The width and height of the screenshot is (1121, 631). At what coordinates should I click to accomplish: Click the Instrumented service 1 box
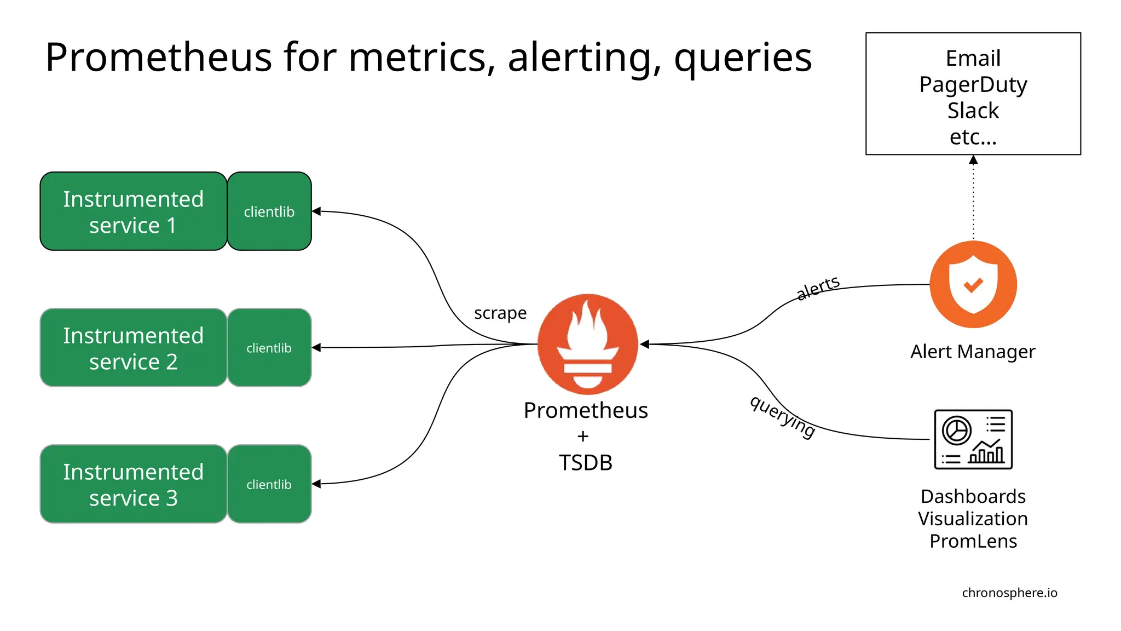[x=133, y=211]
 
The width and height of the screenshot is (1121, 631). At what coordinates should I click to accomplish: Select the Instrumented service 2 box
[x=133, y=348]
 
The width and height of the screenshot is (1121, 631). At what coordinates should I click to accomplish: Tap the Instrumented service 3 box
[x=133, y=484]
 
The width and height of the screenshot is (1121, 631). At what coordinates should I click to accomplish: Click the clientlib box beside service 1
[x=269, y=211]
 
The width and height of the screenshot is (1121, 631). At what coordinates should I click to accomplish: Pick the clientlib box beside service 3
[x=269, y=484]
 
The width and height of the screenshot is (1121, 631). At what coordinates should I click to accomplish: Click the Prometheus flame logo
[x=587, y=344]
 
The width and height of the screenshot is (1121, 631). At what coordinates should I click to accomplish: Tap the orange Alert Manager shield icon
[x=973, y=284]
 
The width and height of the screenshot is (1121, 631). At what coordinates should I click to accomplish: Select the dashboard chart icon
[x=973, y=439]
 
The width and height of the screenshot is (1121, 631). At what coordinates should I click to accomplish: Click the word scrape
[x=500, y=313]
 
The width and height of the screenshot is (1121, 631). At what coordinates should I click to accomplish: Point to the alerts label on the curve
[x=818, y=288]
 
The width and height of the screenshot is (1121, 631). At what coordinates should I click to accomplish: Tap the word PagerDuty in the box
[x=973, y=84]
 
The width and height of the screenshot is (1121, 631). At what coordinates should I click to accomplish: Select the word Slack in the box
[x=973, y=111]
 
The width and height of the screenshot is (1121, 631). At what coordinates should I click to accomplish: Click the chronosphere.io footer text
[x=1009, y=593]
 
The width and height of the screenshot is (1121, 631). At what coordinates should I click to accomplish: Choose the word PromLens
[x=973, y=541]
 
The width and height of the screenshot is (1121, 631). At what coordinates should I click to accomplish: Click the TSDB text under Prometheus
[x=586, y=463]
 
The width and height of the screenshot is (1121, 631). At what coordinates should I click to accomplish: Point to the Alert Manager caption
[x=973, y=352]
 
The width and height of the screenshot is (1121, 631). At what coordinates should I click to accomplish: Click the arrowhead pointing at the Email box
[x=973, y=160]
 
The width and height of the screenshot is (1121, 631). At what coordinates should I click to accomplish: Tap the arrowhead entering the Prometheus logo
[x=645, y=344]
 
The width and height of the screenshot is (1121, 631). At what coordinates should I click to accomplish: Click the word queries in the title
[x=743, y=58]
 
